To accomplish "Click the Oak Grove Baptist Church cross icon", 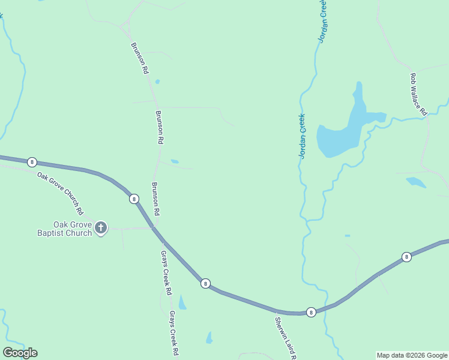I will [x=101, y=227].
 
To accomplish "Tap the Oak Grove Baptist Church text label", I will [x=73, y=229].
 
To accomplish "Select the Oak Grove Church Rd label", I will [x=60, y=193].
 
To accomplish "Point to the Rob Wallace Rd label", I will [x=418, y=94].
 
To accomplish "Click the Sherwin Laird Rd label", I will [x=286, y=337].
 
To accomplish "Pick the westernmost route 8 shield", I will [x=32, y=162].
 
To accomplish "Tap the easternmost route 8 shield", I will [x=407, y=257].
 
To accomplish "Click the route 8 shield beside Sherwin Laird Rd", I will [x=311, y=312].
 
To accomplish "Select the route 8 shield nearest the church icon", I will [x=134, y=199].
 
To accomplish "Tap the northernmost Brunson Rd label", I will [x=139, y=58].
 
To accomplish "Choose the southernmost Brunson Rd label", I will [x=155, y=199].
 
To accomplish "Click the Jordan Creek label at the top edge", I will [x=323, y=21].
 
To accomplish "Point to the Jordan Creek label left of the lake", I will [x=303, y=136].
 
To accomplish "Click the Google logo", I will [x=20, y=353].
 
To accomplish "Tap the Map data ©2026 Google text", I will [x=412, y=355].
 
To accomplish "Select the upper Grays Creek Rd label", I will [x=166, y=273].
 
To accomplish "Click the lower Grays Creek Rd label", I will [x=174, y=333].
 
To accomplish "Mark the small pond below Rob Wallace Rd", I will [x=415, y=182].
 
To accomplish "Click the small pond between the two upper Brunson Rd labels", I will [x=157, y=82].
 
